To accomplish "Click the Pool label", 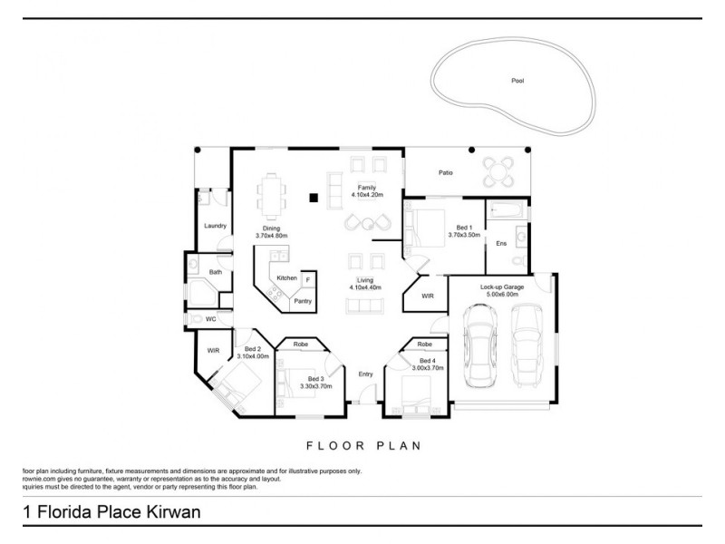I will tap(517, 81).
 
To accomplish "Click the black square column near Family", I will tap(314, 196).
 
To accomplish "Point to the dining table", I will tap(272, 193).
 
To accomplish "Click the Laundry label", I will tap(215, 226).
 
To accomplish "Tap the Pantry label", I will tap(303, 301).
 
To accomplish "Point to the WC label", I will tap(210, 319).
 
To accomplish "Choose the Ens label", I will tap(501, 243).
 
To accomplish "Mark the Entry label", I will tap(365, 374).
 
